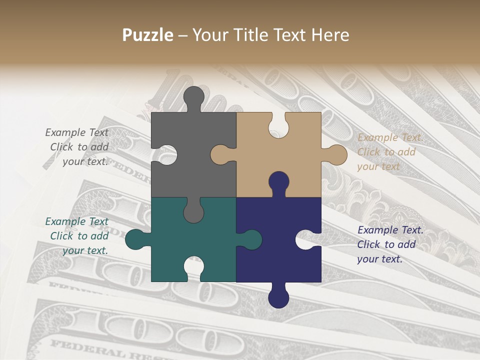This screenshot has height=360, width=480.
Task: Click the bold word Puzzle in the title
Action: pyautogui.click(x=147, y=35)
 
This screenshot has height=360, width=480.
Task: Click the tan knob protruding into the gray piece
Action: pyautogui.click(x=220, y=154)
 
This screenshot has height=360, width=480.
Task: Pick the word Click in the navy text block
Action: pyautogui.click(x=368, y=244)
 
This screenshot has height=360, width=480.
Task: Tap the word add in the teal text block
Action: pyautogui.click(x=99, y=236)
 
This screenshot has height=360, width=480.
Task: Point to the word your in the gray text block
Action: pyautogui.click(x=73, y=161)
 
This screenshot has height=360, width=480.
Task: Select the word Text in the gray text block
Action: pyautogui.click(x=98, y=132)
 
